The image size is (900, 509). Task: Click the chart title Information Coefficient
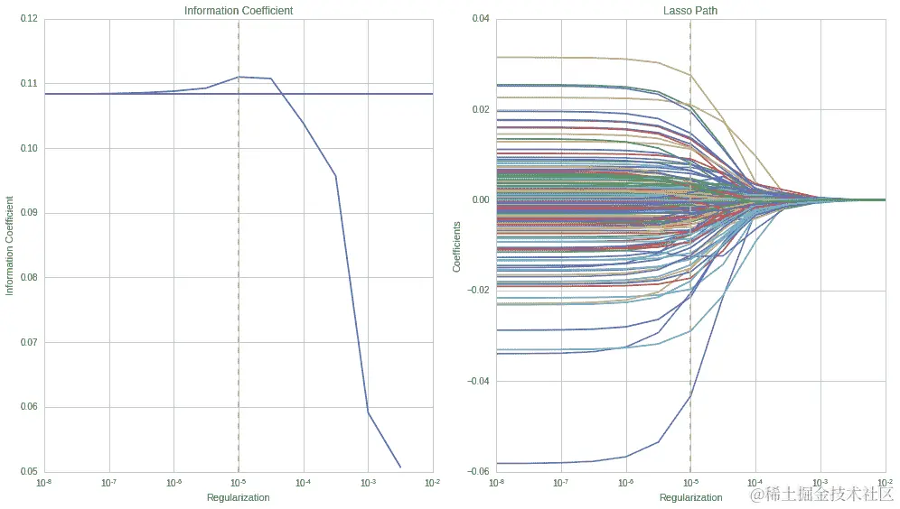point(239,11)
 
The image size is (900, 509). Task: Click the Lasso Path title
point(690,11)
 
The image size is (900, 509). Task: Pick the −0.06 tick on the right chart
point(476,471)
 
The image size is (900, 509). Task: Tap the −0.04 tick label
point(476,381)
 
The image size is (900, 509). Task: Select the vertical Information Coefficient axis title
point(10,245)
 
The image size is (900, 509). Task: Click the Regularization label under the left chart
point(239,497)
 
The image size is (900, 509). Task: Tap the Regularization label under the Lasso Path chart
point(690,497)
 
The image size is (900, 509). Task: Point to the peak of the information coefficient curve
point(239,77)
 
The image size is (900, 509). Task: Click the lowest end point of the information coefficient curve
point(400,467)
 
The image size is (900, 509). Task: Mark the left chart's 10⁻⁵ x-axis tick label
point(239,484)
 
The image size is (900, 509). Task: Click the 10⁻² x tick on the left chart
point(432,484)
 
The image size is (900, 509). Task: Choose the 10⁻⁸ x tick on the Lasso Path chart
point(496,484)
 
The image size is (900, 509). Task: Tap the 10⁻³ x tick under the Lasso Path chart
point(820,484)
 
